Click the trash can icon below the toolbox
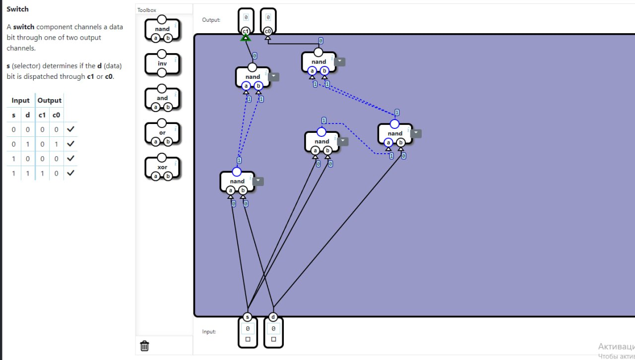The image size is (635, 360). pos(145,346)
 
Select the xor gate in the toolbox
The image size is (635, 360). pos(162,167)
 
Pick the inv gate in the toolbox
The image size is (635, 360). pos(162,63)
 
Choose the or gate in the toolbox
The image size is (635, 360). pos(162,133)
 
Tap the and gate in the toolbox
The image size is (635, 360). pos(162,98)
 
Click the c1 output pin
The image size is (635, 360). pos(246,31)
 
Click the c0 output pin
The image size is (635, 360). pos(268,31)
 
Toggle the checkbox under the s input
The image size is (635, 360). pos(248,340)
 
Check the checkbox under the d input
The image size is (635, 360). pos(273,340)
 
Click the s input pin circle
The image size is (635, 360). pos(248,317)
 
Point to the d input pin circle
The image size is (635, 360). pos(273,317)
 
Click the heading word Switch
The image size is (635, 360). pos(18,9)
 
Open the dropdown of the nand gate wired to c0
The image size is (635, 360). pos(340,62)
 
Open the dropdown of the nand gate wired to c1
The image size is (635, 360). pos(274,77)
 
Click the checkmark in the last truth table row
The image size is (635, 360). pos(70,173)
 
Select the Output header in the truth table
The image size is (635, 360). pos(50,100)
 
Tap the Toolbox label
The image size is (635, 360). pos(147,10)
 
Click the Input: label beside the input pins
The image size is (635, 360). pos(209,332)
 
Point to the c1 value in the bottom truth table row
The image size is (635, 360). pos(42,173)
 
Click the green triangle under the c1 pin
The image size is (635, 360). pos(245,37)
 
